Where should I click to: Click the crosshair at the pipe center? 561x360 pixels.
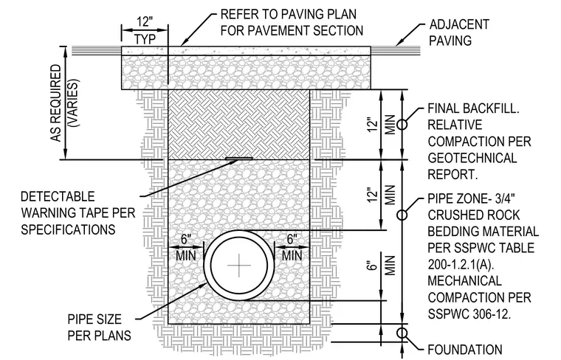click(x=239, y=266)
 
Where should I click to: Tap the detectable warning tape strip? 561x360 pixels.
click(x=239, y=158)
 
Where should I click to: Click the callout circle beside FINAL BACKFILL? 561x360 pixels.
click(x=402, y=125)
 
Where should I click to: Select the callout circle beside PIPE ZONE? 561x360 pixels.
click(x=402, y=215)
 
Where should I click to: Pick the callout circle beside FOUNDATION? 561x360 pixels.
click(x=402, y=333)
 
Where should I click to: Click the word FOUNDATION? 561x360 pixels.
click(x=465, y=349)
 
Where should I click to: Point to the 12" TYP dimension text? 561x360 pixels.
click(x=145, y=30)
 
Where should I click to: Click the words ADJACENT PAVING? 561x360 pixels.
click(x=458, y=32)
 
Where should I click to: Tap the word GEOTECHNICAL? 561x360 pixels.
click(x=472, y=158)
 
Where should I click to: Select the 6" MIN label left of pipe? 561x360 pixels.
click(x=186, y=247)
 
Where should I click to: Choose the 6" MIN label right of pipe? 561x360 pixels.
click(x=292, y=247)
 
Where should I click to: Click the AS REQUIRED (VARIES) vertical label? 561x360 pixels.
click(x=64, y=103)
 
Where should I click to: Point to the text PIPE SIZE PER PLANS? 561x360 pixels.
click(x=99, y=327)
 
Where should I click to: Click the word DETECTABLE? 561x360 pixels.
click(x=58, y=197)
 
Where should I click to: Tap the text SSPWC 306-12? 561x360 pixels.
click(x=469, y=314)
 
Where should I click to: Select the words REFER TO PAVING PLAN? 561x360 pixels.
click(x=289, y=14)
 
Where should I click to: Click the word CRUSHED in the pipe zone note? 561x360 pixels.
click(x=453, y=215)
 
